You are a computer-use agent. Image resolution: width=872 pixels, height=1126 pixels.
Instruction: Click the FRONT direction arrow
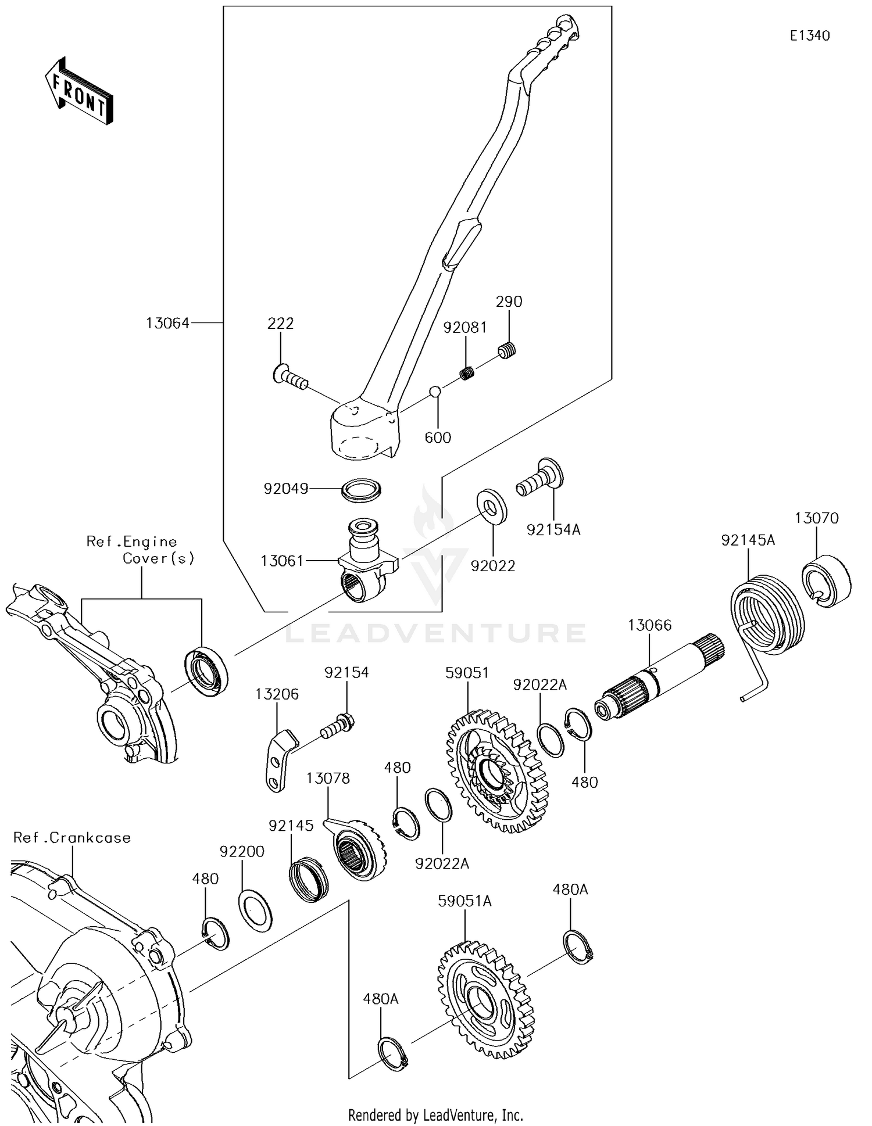pos(79,91)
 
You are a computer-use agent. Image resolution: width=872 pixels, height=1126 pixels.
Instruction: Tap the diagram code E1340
pos(810,36)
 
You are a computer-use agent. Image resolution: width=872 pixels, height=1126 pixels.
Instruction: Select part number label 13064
pos(167,323)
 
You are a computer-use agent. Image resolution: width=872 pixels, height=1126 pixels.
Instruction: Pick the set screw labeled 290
pos(508,351)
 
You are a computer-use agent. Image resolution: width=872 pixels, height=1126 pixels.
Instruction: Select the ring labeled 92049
pos(361,490)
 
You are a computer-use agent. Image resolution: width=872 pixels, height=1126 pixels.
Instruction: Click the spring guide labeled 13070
pos(826,581)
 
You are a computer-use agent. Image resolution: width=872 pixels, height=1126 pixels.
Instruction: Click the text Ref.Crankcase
pos(72,838)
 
